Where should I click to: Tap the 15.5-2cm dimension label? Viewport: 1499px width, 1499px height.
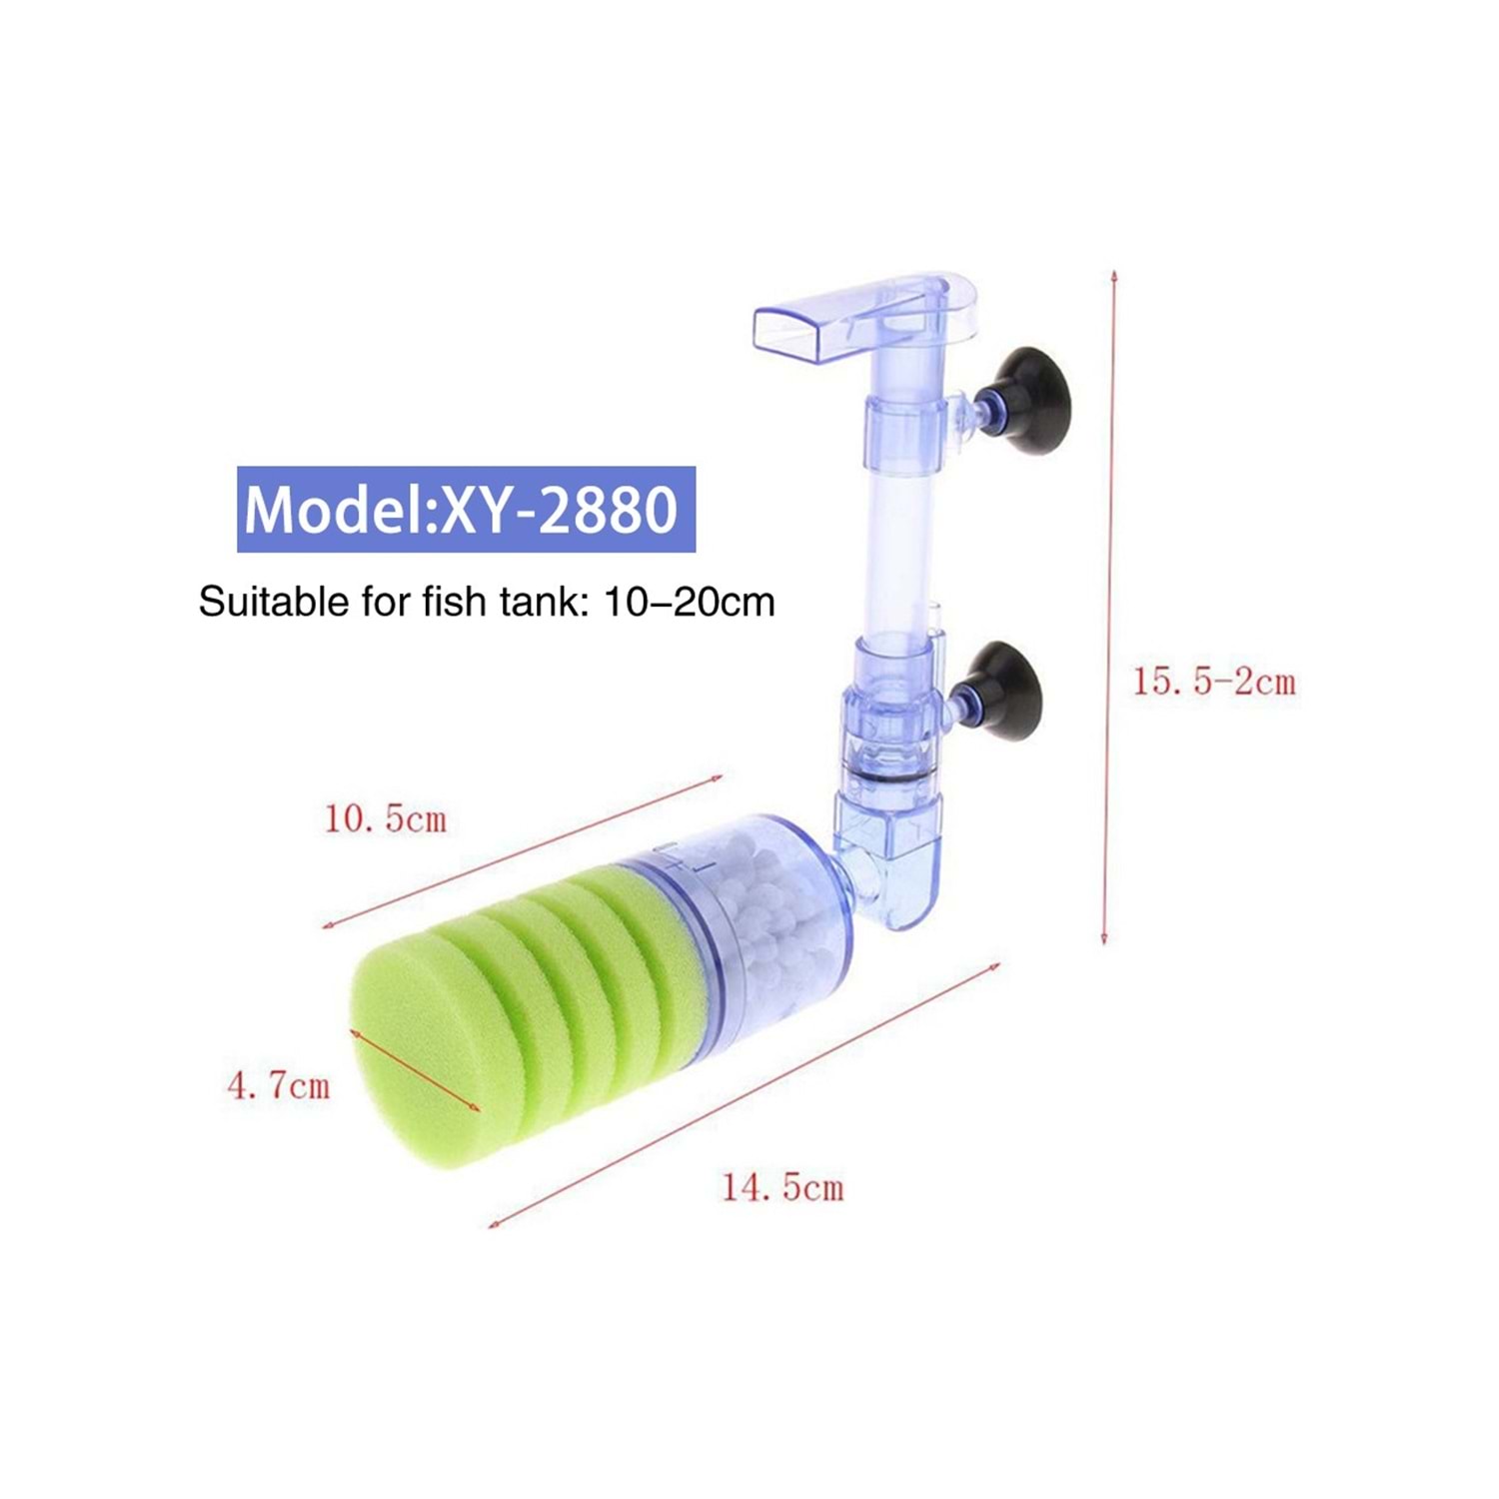point(1213,682)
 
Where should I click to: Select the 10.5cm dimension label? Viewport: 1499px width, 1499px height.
point(385,819)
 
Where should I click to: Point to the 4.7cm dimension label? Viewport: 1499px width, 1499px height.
point(278,1085)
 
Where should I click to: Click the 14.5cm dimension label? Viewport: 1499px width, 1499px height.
point(782,1187)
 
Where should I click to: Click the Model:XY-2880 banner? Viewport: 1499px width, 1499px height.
point(466,509)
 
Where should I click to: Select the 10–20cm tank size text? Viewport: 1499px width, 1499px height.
point(690,602)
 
